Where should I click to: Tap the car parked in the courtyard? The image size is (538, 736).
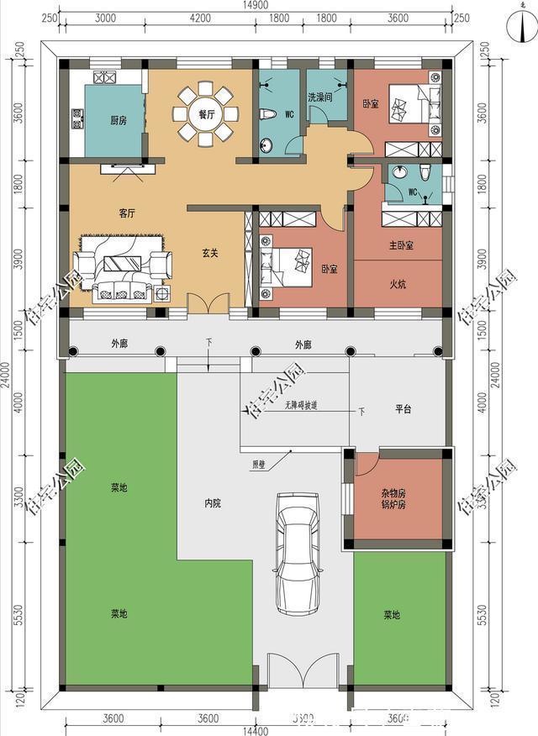(x=298, y=555)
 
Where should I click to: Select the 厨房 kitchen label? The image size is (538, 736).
(x=119, y=120)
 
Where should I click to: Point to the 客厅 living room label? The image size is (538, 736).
(x=127, y=213)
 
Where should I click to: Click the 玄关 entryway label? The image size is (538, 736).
(x=210, y=252)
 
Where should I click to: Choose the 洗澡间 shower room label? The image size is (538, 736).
(x=320, y=98)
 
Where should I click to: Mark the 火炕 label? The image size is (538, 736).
(x=398, y=284)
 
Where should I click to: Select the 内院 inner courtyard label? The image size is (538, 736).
(x=213, y=503)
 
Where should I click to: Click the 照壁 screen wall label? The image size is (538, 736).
(x=258, y=464)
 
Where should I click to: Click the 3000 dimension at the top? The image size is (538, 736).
(x=105, y=18)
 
